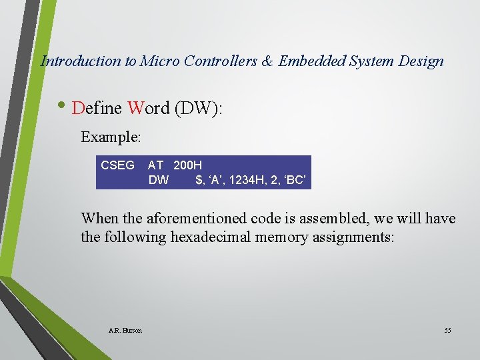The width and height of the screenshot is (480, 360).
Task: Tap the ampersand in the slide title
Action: pos(267,61)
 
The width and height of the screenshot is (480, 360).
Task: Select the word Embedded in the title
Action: pos(310,61)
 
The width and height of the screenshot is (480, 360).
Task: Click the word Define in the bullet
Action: pos(97,108)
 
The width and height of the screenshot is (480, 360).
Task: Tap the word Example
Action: pos(111,137)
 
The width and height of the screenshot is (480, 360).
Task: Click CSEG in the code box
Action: pos(117,165)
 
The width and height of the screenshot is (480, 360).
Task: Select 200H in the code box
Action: pos(187,165)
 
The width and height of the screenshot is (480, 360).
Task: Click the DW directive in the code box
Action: pos(159,179)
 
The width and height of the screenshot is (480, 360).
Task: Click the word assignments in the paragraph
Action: pos(354,237)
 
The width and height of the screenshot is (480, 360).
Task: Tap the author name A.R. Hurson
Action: pos(125,331)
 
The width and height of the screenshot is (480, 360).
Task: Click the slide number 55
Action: pos(447,331)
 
